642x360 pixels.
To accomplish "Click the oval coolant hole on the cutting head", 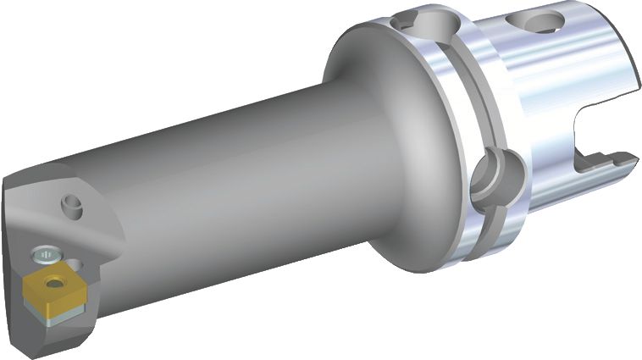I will click(73, 204).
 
